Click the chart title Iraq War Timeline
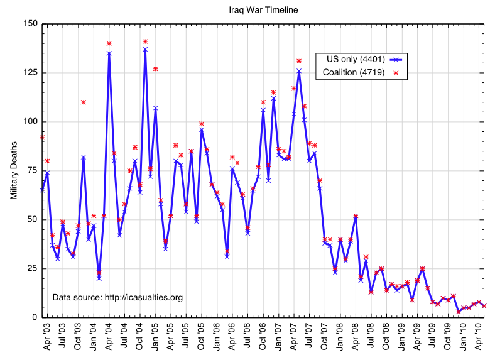point(263,10)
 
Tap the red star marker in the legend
point(396,74)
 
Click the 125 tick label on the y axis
point(30,73)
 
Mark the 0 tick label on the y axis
point(35,317)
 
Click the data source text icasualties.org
point(117,297)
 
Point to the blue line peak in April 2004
point(109,53)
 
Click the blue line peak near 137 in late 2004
point(145,49)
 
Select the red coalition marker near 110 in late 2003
point(83,102)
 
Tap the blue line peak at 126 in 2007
point(299,71)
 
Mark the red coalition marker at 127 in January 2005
point(155,68)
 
